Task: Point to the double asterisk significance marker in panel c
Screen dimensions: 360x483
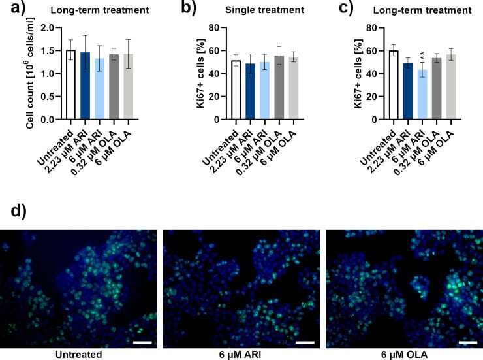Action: click(x=421, y=56)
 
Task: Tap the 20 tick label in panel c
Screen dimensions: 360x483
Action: click(x=371, y=97)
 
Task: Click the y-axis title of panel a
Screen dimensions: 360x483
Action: click(x=30, y=74)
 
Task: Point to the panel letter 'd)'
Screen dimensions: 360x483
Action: click(x=14, y=212)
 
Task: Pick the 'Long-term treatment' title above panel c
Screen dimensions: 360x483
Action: click(x=428, y=10)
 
